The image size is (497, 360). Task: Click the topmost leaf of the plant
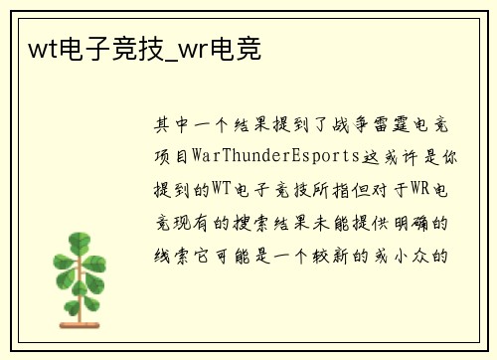tap(81, 240)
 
